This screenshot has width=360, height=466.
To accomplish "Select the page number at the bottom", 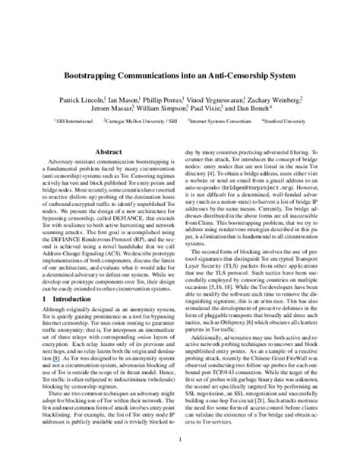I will (x=180, y=439).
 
